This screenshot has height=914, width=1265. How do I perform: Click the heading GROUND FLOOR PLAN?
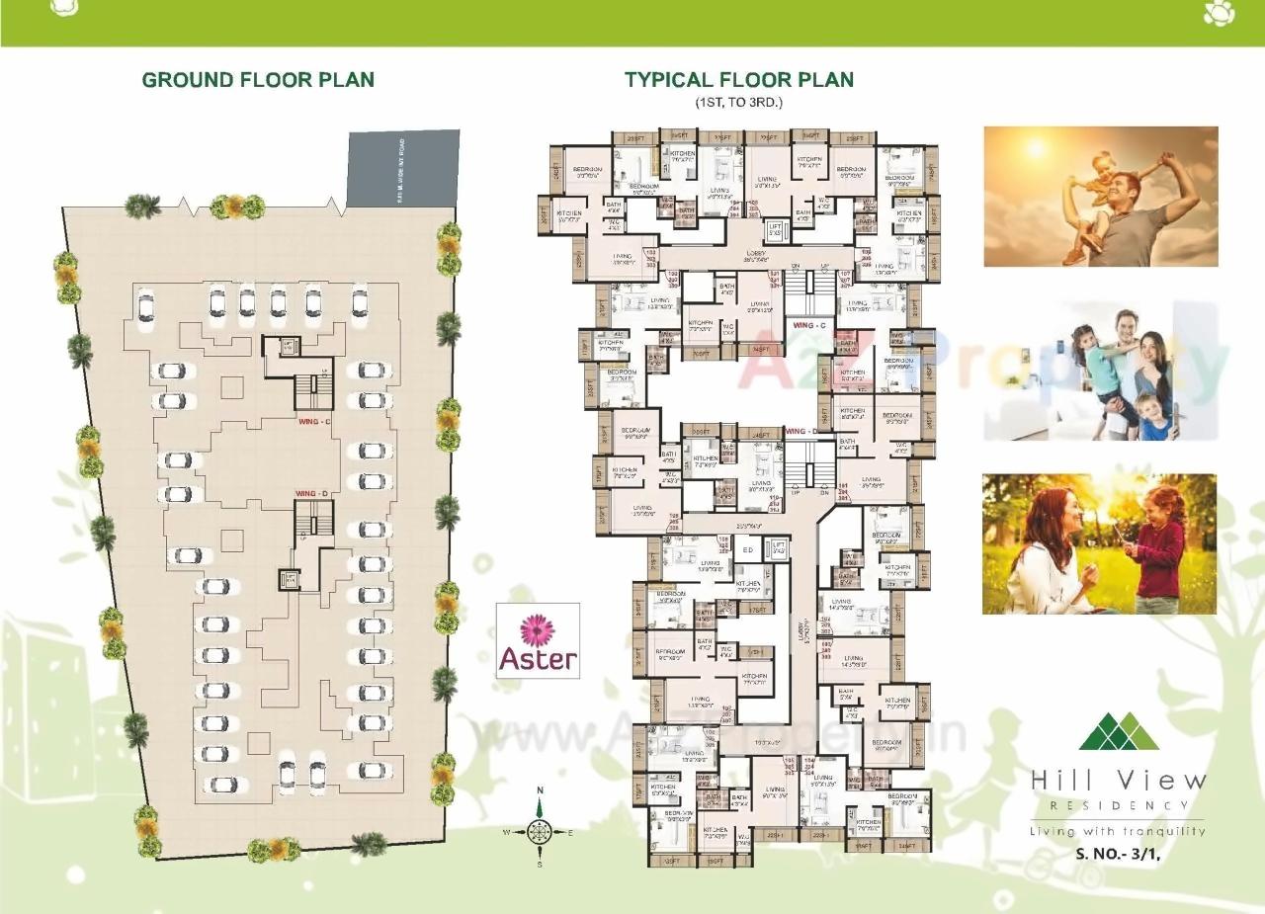258,80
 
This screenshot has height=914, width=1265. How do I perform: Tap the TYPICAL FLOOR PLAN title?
738,80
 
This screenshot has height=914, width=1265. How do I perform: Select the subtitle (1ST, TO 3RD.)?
738,103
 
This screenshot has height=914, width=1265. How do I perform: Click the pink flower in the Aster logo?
538,628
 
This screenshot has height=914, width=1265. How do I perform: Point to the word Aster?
538,659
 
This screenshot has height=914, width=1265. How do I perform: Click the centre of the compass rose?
540,832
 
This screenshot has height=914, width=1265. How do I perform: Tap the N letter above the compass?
540,790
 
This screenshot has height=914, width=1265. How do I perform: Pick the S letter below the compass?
540,865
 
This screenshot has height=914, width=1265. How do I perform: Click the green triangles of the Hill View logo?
1119,731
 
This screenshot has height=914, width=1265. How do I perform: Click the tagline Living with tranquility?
1118,831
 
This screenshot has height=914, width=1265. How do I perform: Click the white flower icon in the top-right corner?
1215,14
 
